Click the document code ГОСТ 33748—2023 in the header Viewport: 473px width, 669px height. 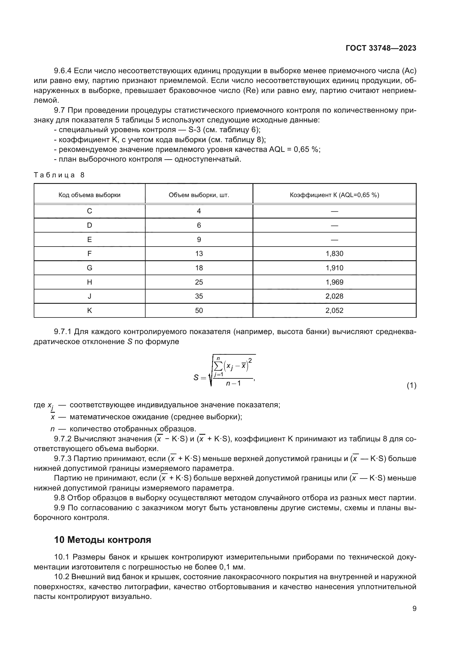click(381, 48)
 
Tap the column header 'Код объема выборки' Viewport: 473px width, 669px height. click(90, 195)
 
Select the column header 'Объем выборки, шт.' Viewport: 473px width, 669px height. click(199, 195)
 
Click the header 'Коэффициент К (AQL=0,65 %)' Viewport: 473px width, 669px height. click(334, 195)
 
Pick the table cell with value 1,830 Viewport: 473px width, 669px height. click(334, 253)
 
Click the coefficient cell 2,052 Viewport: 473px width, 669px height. click(334, 310)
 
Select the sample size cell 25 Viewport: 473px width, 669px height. click(199, 282)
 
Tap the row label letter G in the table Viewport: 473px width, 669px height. click(90, 268)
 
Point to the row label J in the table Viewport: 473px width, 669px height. click(90, 296)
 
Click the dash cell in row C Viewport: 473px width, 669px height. click(334, 211)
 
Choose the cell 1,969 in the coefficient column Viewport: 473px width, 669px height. click(334, 282)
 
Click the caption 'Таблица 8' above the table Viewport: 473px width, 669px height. click(59, 175)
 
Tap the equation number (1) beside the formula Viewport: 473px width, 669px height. click(411, 386)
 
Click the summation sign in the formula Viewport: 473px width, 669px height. click(218, 366)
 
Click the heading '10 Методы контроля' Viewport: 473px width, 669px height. click(103, 540)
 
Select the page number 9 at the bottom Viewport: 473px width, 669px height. click(414, 609)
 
